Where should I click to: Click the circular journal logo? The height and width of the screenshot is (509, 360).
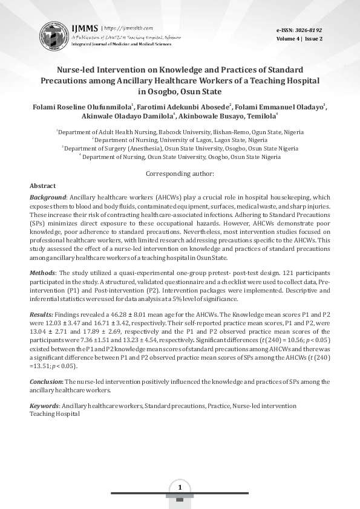[54, 34]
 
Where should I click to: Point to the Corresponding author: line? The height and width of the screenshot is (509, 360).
[180, 174]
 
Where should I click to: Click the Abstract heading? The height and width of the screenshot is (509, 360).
[42, 186]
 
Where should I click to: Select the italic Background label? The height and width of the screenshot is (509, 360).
[48, 198]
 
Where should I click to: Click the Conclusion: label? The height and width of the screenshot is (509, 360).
[46, 382]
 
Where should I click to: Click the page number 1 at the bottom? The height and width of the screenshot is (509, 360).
[180, 487]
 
